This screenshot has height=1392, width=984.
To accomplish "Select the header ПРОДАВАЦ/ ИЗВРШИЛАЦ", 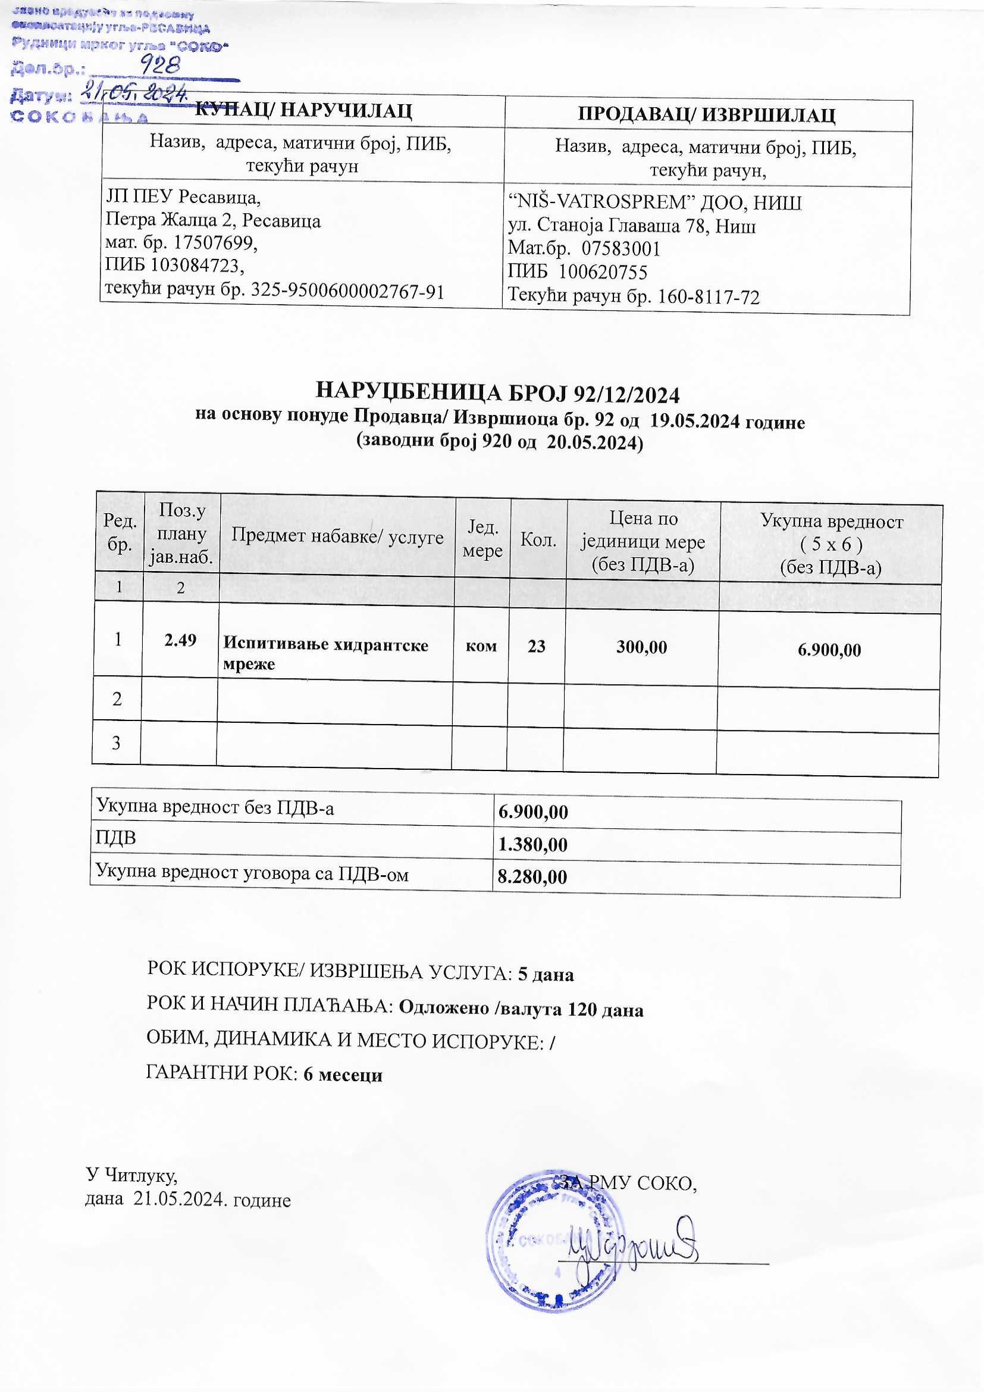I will [x=707, y=114].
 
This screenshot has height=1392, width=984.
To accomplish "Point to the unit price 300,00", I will [x=641, y=647].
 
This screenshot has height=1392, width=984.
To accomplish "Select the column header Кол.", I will [x=538, y=540].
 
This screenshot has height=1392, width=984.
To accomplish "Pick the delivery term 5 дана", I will [x=546, y=974].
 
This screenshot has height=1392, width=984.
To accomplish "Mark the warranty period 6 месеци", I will [x=343, y=1075].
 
